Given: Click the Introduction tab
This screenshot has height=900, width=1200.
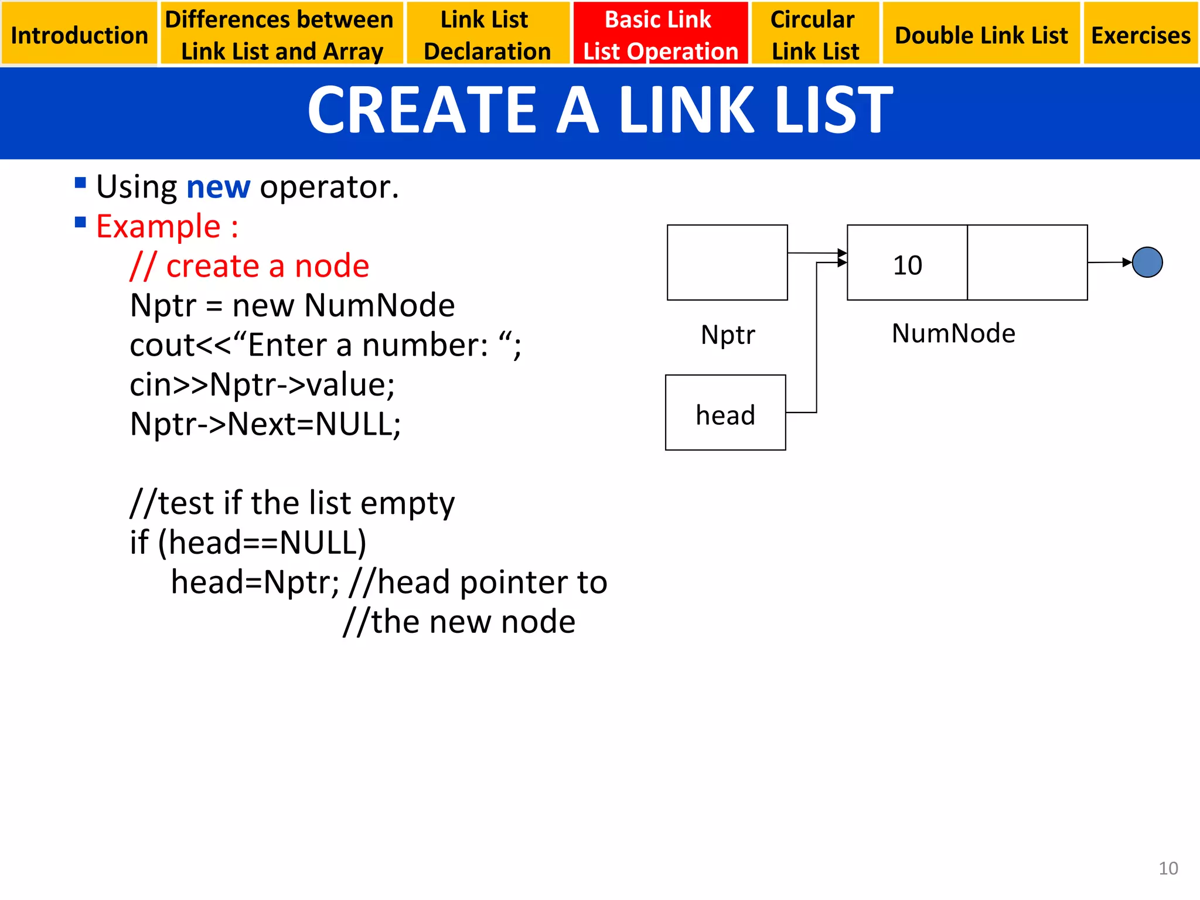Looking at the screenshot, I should coord(79,34).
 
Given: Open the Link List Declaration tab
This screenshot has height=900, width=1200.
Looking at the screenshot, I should coord(487,34).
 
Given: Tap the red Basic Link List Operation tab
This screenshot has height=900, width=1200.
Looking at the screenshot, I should coord(660,34).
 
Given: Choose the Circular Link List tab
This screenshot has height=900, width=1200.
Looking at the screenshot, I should coord(815,34).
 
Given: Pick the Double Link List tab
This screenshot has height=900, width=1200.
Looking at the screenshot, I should coord(981,34).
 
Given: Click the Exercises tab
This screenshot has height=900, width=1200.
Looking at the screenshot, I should coord(1140,34).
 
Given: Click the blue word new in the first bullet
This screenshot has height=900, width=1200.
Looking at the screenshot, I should coord(218,187).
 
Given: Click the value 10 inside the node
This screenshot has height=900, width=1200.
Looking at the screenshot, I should coord(907,265).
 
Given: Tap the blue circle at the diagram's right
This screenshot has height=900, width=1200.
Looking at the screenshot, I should coord(1147,262).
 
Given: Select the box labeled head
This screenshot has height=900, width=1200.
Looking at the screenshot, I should coord(725,413).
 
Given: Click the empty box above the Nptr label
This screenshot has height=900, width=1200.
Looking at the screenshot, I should coord(727,262).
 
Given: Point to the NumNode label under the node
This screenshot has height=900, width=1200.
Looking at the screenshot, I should coord(953,333).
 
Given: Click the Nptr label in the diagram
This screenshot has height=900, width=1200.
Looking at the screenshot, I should coord(728,335).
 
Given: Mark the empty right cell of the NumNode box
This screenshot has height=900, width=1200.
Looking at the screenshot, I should coord(1027,262).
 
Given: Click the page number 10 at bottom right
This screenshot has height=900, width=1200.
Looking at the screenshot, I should coord(1168,868).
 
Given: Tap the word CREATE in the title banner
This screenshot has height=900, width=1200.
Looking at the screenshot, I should coord(422,110).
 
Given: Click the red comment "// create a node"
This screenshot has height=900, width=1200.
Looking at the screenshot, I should coord(250,266).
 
